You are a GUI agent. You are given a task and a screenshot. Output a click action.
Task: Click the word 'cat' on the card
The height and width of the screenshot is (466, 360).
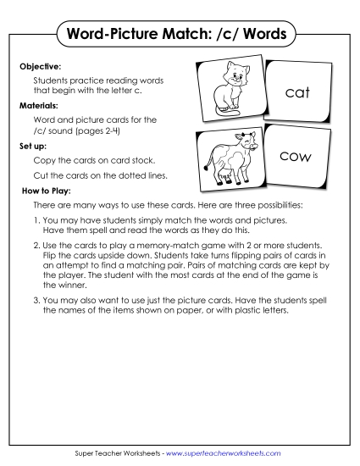(298, 93)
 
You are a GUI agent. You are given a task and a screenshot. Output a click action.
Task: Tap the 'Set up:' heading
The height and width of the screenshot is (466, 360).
(33, 145)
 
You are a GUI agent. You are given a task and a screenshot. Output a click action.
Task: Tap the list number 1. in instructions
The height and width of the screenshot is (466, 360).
(37, 219)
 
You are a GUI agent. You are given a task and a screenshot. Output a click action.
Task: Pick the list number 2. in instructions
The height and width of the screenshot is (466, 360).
(37, 245)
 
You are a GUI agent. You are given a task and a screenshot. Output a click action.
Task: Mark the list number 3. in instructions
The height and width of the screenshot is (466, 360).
(37, 300)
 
